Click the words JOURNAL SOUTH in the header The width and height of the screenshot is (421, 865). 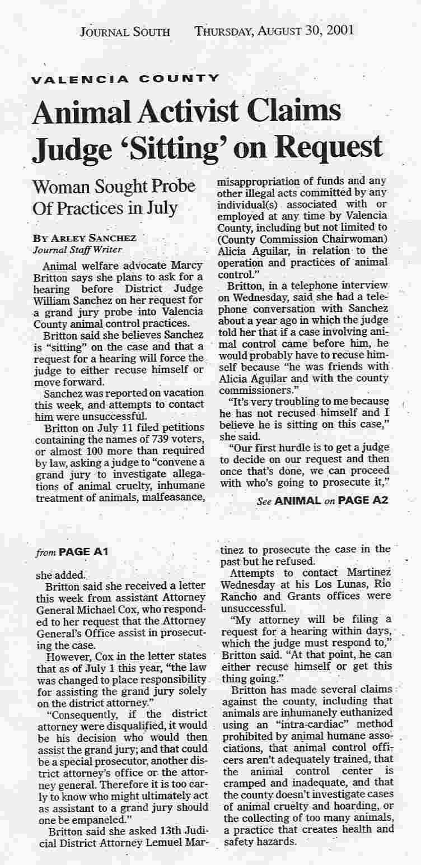click(125, 31)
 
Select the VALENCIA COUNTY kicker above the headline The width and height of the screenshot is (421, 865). click(125, 79)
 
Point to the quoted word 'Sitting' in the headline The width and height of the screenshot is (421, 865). click(198, 146)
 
